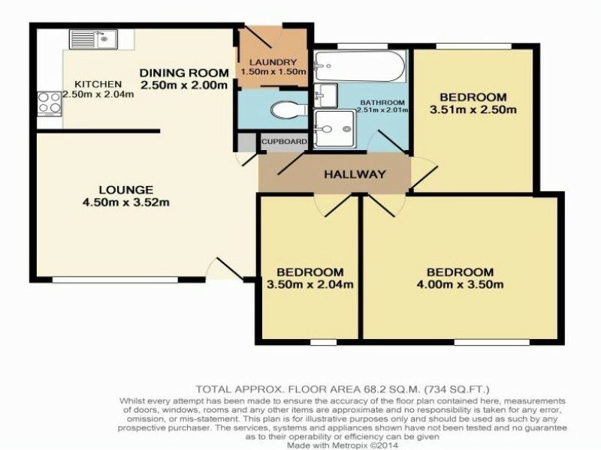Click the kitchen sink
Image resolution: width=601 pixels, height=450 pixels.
[x=93, y=39]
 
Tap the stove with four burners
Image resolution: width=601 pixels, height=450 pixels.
[x=50, y=103]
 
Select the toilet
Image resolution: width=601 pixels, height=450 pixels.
[x=289, y=110]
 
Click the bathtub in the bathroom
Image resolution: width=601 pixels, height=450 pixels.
[x=360, y=66]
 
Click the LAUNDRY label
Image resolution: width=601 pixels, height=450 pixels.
[x=273, y=62]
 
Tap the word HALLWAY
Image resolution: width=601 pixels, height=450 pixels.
[x=355, y=175]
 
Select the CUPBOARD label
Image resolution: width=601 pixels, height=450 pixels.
[x=285, y=142]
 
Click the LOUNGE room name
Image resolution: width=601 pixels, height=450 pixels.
[x=126, y=190]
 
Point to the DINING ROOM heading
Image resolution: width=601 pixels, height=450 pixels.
[x=184, y=73]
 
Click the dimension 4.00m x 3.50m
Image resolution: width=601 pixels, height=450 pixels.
[x=460, y=284]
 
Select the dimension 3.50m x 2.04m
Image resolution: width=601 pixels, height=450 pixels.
[x=310, y=284]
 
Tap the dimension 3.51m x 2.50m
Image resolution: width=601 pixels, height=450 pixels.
[x=473, y=109]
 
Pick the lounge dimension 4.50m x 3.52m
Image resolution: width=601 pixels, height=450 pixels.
[x=126, y=202]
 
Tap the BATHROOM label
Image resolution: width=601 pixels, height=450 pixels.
[x=382, y=103]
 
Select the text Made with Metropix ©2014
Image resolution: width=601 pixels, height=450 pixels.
[x=343, y=445]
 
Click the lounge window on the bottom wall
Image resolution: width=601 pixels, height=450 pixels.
[x=115, y=280]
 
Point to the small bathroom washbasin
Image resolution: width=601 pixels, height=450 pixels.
[x=325, y=95]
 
